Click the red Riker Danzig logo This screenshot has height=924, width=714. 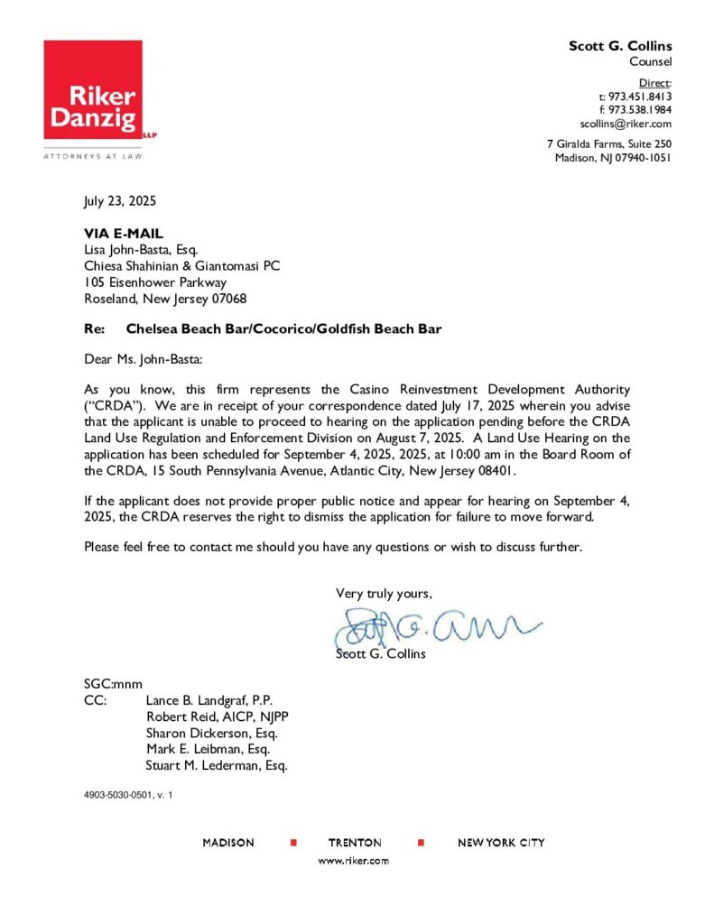click(x=92, y=89)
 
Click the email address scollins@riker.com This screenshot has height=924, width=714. click(x=626, y=124)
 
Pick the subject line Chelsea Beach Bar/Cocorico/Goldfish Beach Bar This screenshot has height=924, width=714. click(x=283, y=329)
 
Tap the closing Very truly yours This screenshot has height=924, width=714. click(x=384, y=593)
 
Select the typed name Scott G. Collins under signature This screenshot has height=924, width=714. click(x=380, y=653)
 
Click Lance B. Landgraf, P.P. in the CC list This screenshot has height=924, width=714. click(x=209, y=701)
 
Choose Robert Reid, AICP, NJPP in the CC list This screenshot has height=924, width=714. click(x=217, y=717)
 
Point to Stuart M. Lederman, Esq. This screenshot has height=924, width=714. click(x=217, y=766)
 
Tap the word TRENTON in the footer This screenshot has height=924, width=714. click(x=355, y=843)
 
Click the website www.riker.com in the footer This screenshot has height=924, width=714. click(x=355, y=861)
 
